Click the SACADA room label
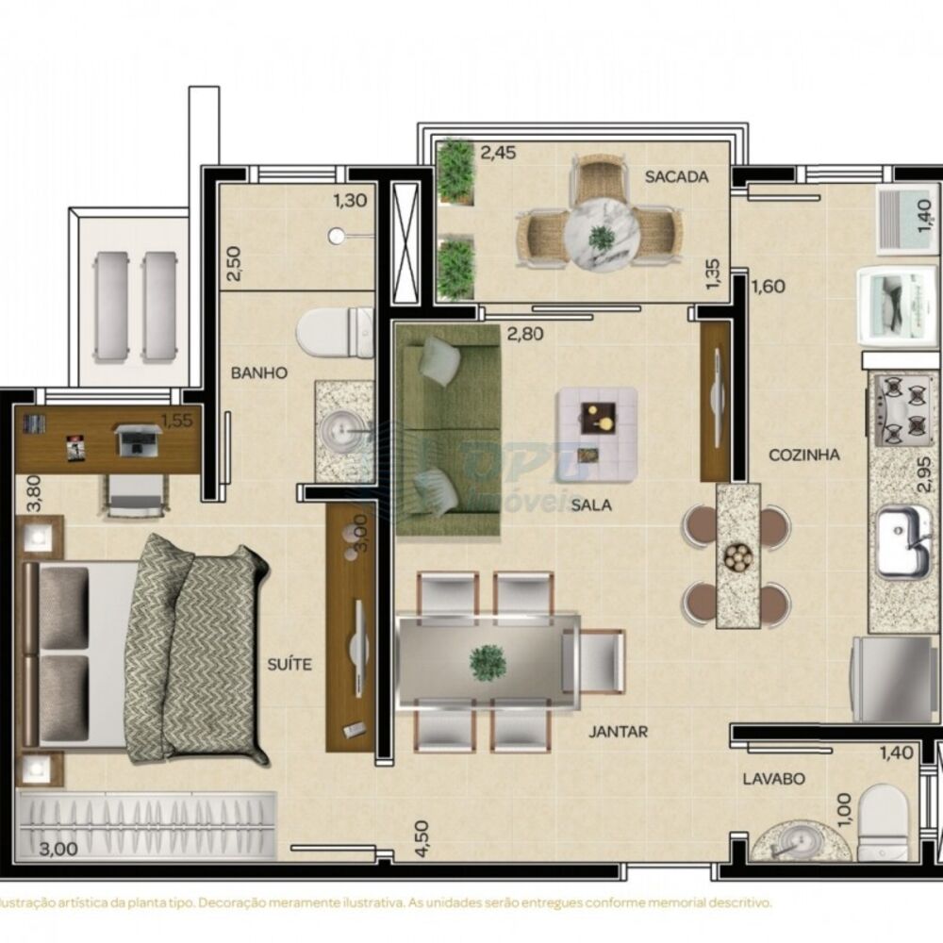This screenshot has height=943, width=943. tap(676, 176)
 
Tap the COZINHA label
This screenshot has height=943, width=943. tap(804, 455)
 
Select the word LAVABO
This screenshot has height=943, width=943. tap(773, 779)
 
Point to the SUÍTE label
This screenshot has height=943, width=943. tap(289, 665)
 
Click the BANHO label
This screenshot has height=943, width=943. tap(259, 372)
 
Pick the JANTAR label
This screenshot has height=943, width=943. tap(619, 731)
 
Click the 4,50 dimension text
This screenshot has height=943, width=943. tap(422, 837)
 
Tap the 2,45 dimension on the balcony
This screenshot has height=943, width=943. tap(499, 152)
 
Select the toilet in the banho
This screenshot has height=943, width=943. tap(333, 332)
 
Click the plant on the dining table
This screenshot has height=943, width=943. tap(488, 661)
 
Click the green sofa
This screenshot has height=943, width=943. tap(446, 431)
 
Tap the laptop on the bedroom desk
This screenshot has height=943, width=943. tap(137, 438)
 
